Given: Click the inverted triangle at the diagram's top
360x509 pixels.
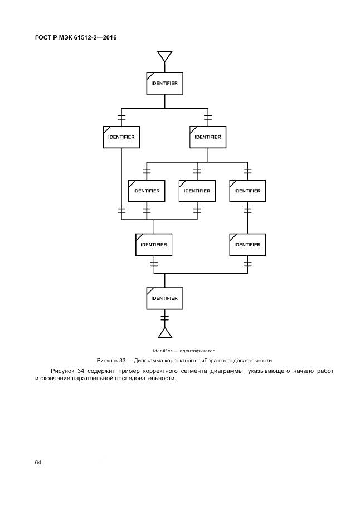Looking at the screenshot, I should (x=164, y=56).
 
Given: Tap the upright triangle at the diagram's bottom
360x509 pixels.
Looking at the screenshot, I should (x=164, y=333).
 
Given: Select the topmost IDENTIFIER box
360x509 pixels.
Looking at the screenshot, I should (x=164, y=83).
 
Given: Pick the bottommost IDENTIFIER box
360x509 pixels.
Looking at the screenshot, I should (x=164, y=298).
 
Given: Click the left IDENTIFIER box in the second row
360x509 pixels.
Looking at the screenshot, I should (x=121, y=137).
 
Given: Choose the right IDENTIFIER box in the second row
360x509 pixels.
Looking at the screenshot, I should (x=208, y=137).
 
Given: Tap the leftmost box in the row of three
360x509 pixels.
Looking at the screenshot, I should (x=147, y=191).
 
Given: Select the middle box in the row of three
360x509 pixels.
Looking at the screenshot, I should (x=197, y=191).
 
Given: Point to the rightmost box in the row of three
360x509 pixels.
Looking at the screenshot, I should (x=247, y=191).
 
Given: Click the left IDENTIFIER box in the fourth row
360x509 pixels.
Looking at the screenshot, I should (x=154, y=244).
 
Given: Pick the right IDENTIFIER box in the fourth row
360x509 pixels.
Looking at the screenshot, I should (x=247, y=244).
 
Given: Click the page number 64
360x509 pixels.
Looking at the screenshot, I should (x=38, y=463).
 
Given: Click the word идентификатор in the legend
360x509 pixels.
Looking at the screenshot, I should (x=196, y=351).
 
